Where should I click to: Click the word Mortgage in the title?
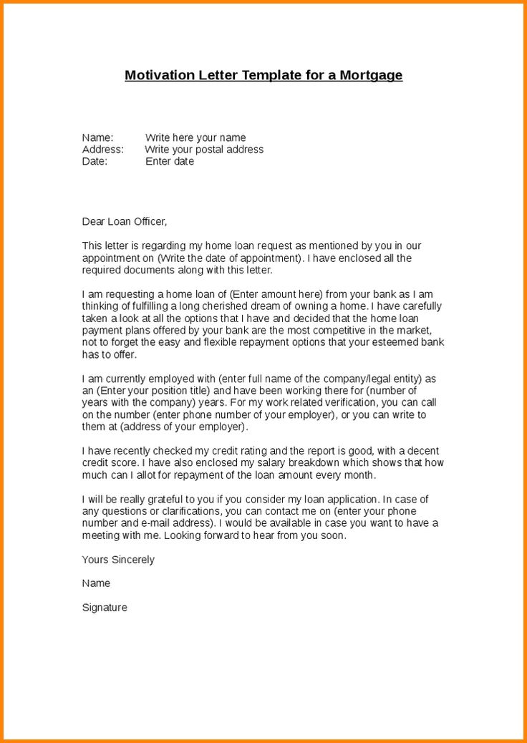[370, 75]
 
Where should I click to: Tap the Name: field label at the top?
[97, 137]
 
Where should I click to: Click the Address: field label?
[102, 150]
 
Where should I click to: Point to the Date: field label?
[95, 161]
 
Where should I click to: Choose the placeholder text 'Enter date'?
[170, 161]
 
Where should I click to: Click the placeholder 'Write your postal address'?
[204, 150]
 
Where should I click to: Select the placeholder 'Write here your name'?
[195, 137]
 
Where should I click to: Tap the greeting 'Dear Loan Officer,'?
[124, 221]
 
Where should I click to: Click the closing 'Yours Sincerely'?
[118, 559]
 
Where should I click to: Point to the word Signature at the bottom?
[105, 607]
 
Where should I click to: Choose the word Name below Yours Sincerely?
[96, 583]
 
